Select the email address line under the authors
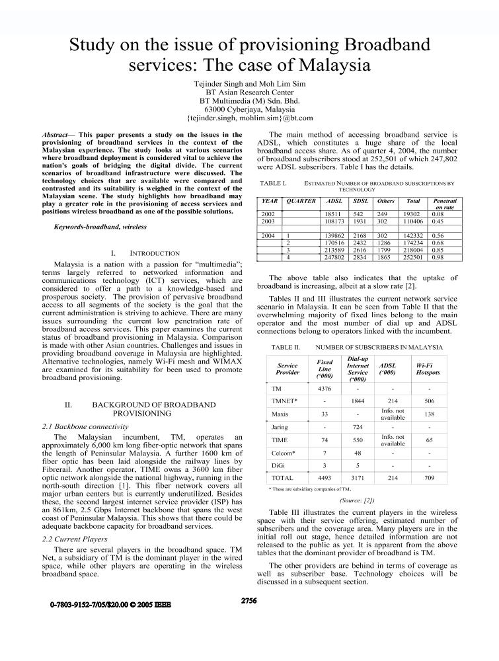(x=250, y=118)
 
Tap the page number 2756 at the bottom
(x=249, y=601)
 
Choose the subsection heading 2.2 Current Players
(x=78, y=539)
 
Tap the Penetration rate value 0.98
(x=438, y=257)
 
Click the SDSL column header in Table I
(x=360, y=200)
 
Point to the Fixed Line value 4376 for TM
(x=325, y=389)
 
